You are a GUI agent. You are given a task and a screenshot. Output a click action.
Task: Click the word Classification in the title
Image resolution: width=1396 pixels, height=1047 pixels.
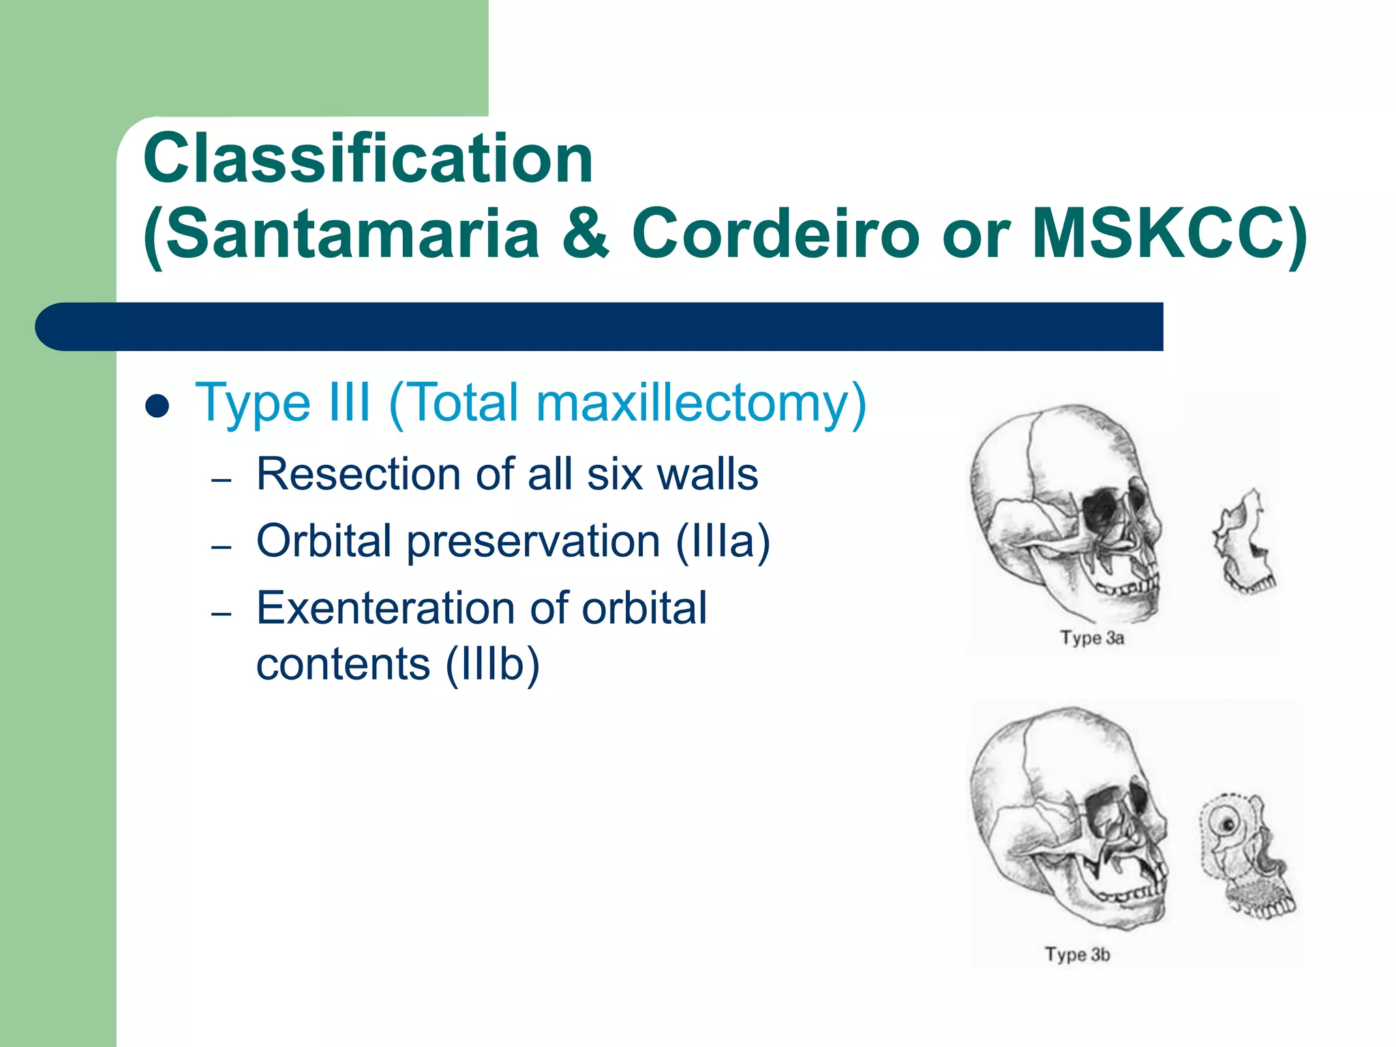click(x=368, y=159)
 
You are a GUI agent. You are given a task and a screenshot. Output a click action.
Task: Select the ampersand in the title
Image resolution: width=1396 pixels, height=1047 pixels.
click(x=585, y=234)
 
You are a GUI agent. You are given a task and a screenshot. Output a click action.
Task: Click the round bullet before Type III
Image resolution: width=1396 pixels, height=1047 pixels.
click(x=157, y=406)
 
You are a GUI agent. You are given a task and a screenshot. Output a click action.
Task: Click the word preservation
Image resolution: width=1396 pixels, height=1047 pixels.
click(x=533, y=541)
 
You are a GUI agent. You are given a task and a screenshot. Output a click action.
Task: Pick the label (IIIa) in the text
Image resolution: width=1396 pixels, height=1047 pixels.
click(x=723, y=541)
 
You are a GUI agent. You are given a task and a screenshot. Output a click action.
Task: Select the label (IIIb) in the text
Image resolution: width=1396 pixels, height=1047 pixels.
click(x=492, y=665)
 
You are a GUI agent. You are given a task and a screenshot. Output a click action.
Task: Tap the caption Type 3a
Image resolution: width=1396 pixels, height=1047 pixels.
click(x=1091, y=638)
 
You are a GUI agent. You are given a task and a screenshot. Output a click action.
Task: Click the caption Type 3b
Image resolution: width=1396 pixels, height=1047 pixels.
click(x=1077, y=954)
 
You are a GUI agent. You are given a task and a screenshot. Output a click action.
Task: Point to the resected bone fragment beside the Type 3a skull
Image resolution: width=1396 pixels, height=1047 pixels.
click(x=1243, y=542)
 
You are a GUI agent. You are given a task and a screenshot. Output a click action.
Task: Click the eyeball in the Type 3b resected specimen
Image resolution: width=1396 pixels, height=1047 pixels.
click(x=1228, y=825)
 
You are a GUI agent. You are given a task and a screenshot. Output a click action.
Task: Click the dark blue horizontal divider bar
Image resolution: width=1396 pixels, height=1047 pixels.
click(x=600, y=327)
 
